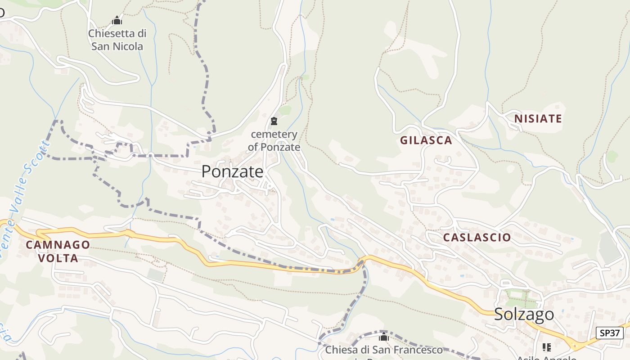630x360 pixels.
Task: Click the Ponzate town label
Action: point(232,171)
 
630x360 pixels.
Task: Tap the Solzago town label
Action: point(524,314)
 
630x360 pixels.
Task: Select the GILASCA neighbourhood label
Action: point(426,140)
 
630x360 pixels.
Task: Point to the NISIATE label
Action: point(538,119)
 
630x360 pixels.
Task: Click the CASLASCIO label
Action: point(477,237)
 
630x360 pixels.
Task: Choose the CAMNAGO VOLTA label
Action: point(58,252)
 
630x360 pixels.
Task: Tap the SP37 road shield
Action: point(610,333)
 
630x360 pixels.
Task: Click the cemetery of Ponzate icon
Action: point(274,121)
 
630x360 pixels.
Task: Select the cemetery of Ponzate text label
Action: point(274,140)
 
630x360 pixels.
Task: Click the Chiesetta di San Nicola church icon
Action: point(117,20)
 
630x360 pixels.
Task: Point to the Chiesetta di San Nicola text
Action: point(117,40)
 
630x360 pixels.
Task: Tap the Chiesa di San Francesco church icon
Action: point(383,337)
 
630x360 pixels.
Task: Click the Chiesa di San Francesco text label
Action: point(384,350)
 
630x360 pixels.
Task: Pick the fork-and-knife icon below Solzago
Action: point(547,347)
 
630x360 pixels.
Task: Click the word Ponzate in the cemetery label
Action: point(280,147)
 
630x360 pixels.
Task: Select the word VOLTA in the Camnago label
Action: point(58,258)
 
